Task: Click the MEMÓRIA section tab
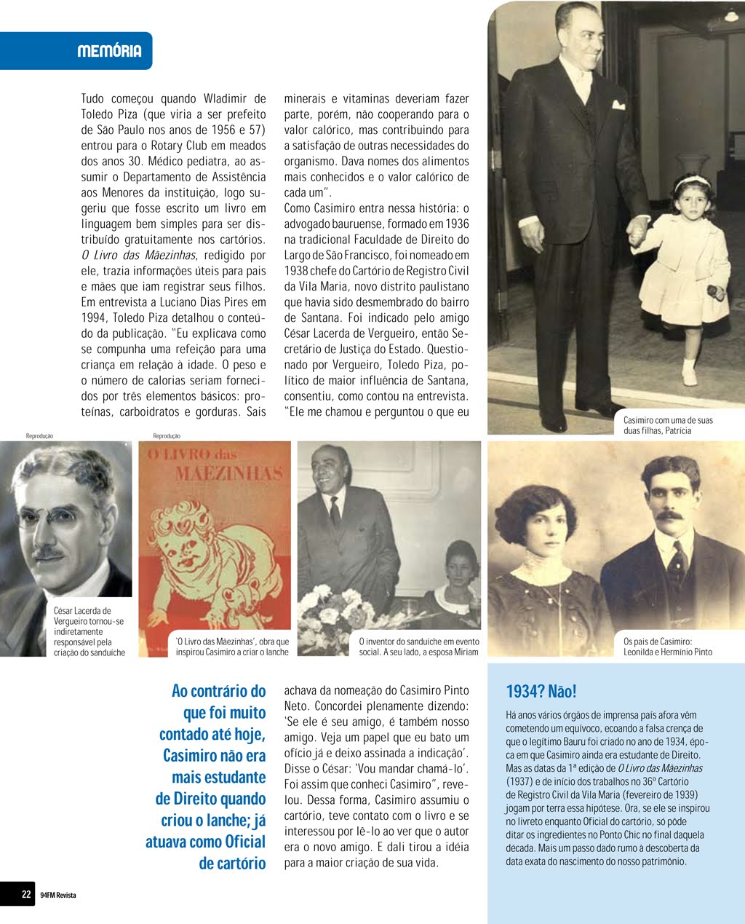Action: (x=109, y=51)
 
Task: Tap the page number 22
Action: (x=26, y=894)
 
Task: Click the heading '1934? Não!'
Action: (x=541, y=691)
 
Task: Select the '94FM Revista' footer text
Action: (x=58, y=895)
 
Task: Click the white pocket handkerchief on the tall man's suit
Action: (x=618, y=105)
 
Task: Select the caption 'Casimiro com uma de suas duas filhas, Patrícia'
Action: (x=668, y=425)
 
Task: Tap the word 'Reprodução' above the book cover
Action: (x=167, y=435)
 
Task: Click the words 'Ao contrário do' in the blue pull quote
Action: (x=218, y=691)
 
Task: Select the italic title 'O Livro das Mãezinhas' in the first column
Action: (x=138, y=255)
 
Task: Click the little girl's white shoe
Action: (x=689, y=377)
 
